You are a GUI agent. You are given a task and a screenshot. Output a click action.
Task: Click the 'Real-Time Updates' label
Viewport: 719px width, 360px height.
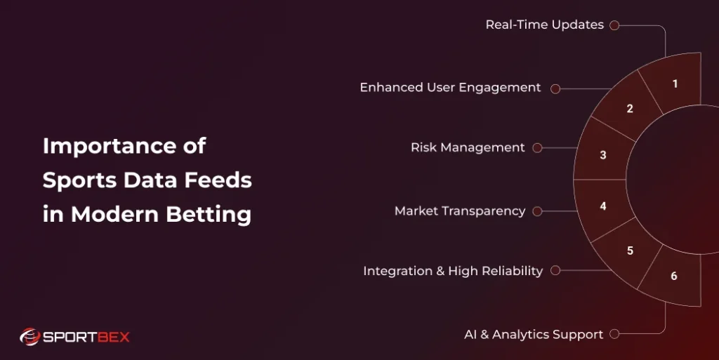[x=544, y=25]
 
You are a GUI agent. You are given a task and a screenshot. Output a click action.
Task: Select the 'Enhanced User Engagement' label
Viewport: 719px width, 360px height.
[x=450, y=88]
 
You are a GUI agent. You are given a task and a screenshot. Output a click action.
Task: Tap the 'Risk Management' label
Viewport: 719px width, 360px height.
[x=468, y=148]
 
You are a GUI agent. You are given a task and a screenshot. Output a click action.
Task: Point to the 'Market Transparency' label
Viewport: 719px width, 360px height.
[x=460, y=211]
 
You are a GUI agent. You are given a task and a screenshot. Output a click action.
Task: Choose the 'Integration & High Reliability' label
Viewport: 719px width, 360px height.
[x=453, y=271]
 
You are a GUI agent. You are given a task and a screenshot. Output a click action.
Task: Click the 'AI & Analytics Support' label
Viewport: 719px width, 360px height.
[x=534, y=335]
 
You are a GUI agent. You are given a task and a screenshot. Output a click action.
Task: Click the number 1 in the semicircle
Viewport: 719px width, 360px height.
[x=675, y=84]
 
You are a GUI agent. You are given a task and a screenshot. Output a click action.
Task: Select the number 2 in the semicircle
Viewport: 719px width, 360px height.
[x=630, y=109]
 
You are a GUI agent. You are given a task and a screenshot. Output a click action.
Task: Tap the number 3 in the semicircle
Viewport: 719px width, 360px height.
[x=603, y=155]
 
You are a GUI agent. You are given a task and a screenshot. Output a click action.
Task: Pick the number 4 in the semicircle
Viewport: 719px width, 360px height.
[x=603, y=206]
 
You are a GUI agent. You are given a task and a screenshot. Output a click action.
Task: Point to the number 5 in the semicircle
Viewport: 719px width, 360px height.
[x=630, y=251]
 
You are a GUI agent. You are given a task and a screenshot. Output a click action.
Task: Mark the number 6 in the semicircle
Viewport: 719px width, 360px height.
[x=674, y=276]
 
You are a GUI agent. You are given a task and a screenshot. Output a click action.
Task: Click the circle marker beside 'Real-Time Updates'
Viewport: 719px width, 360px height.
[x=614, y=25]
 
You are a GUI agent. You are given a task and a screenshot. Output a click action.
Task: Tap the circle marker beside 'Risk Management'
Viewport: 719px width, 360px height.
[x=537, y=148]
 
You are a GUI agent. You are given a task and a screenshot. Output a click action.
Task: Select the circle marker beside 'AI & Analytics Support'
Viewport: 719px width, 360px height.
[x=614, y=335]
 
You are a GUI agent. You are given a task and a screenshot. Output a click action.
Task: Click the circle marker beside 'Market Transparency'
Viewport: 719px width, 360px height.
[x=537, y=211]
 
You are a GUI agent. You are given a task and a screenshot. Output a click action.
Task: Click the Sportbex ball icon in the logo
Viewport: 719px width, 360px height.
[x=29, y=337]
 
